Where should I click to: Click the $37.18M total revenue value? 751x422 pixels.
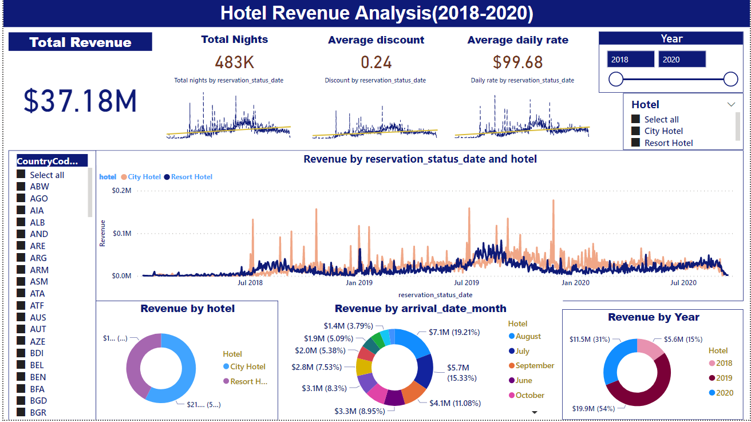[x=80, y=101]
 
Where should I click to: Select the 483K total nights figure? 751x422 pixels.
[x=234, y=62]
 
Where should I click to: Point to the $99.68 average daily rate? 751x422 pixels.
[x=517, y=62]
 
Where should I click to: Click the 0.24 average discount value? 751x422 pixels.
[x=375, y=62]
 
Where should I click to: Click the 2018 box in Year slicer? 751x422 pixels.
[x=630, y=60]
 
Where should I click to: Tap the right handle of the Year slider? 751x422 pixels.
[x=730, y=79]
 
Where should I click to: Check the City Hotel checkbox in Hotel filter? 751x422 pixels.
[x=635, y=131]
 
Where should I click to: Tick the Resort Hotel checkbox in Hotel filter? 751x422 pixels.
[x=635, y=143]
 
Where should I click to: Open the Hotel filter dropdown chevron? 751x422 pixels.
[x=731, y=104]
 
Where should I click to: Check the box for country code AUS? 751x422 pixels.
[x=21, y=317]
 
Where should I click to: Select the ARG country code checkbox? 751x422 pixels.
[x=21, y=258]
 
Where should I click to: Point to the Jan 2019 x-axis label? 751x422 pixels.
[x=358, y=282]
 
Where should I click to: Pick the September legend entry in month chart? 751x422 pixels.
[x=534, y=365]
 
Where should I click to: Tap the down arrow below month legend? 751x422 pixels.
[x=535, y=412]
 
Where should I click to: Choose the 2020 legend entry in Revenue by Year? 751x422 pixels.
[x=724, y=393]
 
